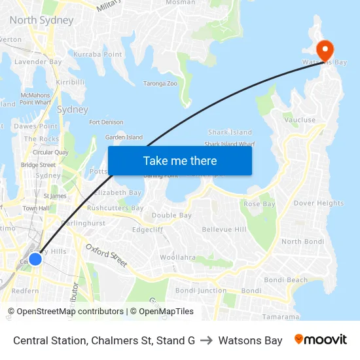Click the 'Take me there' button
180,160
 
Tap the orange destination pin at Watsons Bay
325,50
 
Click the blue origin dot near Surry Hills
35,259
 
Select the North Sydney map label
41,20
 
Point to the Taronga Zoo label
160,84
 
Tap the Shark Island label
230,132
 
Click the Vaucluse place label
299,120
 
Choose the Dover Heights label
319,203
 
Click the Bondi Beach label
288,280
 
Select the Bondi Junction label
201,290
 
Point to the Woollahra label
177,257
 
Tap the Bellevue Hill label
224,229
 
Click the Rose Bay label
259,204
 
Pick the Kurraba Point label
98,54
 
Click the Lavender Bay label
38,62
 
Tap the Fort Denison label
106,122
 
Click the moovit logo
321,340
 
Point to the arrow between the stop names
206,340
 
